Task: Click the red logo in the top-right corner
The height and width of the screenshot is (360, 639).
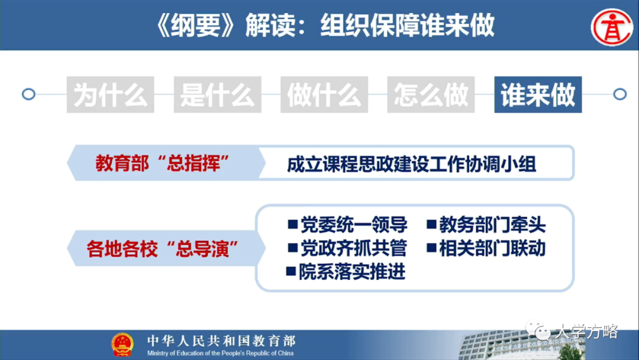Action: (611, 25)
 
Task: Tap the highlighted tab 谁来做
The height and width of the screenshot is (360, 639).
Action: (538, 95)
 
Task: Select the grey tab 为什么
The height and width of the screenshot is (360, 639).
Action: (111, 95)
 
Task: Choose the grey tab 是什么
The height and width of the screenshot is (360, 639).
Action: (217, 95)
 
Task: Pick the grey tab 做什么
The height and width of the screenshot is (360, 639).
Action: (324, 95)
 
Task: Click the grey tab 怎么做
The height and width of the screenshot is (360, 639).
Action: (431, 95)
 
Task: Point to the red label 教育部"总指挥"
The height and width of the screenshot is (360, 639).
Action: (158, 163)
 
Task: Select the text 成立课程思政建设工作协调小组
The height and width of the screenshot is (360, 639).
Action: (412, 164)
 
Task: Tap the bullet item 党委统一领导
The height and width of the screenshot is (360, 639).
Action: (353, 225)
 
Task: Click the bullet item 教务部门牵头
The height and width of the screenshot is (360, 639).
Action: (492, 225)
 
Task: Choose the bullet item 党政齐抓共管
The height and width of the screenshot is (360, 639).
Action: (353, 248)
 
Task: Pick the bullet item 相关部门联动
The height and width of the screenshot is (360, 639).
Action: (492, 248)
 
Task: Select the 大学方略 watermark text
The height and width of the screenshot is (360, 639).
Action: (585, 332)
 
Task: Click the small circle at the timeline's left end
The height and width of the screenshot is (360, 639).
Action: (28, 94)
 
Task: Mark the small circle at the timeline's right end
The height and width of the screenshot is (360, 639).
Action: (619, 94)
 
